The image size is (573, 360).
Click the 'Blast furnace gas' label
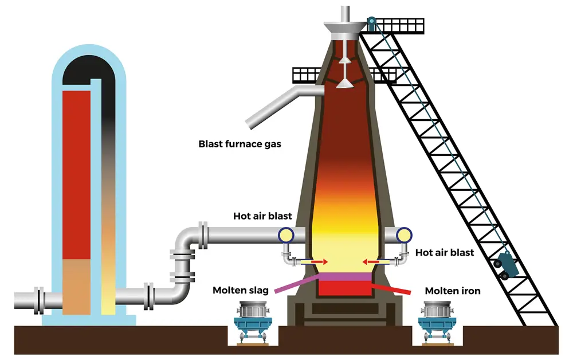(240, 144)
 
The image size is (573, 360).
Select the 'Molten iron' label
(453, 291)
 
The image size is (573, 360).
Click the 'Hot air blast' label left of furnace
(262, 216)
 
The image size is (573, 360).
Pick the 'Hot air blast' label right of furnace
(445, 252)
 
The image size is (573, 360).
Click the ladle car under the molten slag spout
(252, 321)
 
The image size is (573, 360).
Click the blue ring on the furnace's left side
(285, 234)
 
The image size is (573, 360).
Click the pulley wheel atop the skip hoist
(372, 22)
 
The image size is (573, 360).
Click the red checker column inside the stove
(76, 172)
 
